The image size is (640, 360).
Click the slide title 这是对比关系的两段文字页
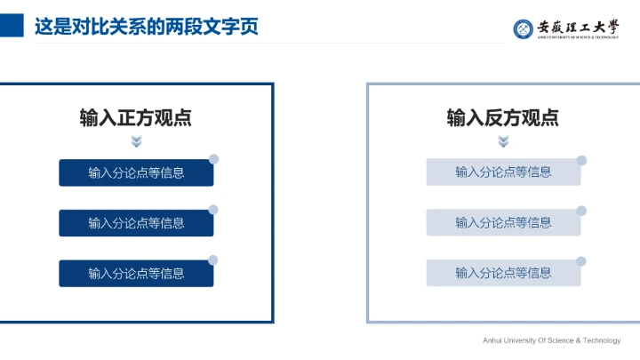[x=146, y=27]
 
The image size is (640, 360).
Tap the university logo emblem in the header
[x=523, y=28]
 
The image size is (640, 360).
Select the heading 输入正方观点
[x=136, y=117]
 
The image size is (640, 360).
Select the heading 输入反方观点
[x=503, y=117]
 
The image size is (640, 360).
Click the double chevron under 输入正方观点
[x=136, y=141]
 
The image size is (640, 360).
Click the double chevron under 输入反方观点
[x=503, y=141]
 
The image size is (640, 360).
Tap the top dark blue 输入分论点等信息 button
[x=136, y=172]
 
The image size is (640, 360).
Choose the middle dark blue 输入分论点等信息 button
[x=136, y=223]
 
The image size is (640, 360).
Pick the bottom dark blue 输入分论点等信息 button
[x=136, y=274]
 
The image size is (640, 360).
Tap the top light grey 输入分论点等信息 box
[x=503, y=172]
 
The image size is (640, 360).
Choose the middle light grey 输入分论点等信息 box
[x=503, y=223]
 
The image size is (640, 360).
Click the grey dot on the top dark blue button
[x=213, y=159]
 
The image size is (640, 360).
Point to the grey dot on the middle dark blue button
[x=213, y=210]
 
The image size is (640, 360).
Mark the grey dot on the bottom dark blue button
[x=213, y=260]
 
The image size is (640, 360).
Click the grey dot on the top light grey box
[x=581, y=160]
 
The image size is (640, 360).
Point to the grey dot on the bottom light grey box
[x=581, y=261]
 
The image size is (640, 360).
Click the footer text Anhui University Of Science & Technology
[x=551, y=340]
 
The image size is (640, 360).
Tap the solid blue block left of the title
[x=12, y=27]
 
